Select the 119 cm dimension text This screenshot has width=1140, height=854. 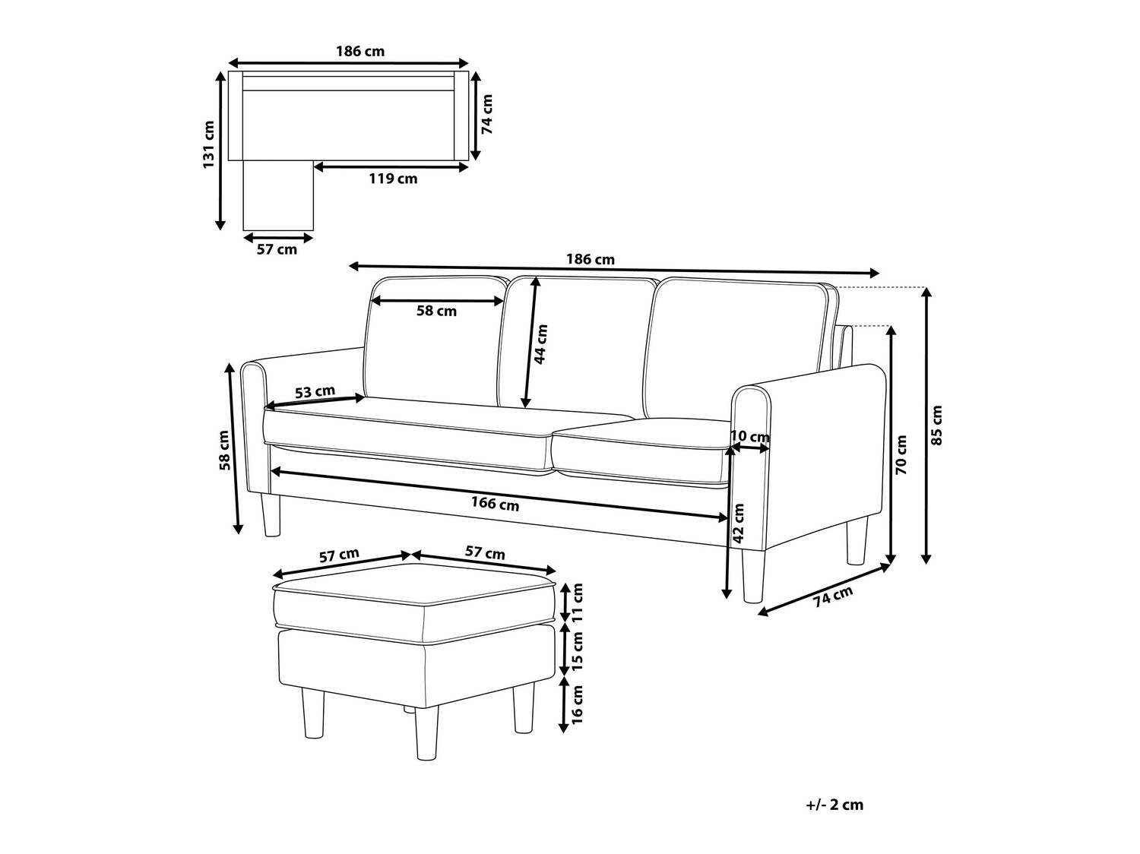[x=392, y=179]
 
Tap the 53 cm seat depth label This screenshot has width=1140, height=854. [x=314, y=392]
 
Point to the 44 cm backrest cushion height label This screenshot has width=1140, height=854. [x=540, y=344]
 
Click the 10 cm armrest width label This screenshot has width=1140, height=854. [x=749, y=437]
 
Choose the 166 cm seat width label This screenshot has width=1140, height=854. [x=495, y=503]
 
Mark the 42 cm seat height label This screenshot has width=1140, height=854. [x=738, y=523]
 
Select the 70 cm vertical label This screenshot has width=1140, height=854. [x=901, y=454]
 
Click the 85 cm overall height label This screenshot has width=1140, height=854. [x=936, y=425]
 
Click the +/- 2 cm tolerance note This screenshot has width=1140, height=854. [x=835, y=805]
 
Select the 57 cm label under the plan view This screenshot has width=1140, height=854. [x=277, y=249]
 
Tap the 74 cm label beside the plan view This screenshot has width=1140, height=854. [x=488, y=115]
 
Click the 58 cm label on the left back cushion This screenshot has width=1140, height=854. [x=436, y=311]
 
